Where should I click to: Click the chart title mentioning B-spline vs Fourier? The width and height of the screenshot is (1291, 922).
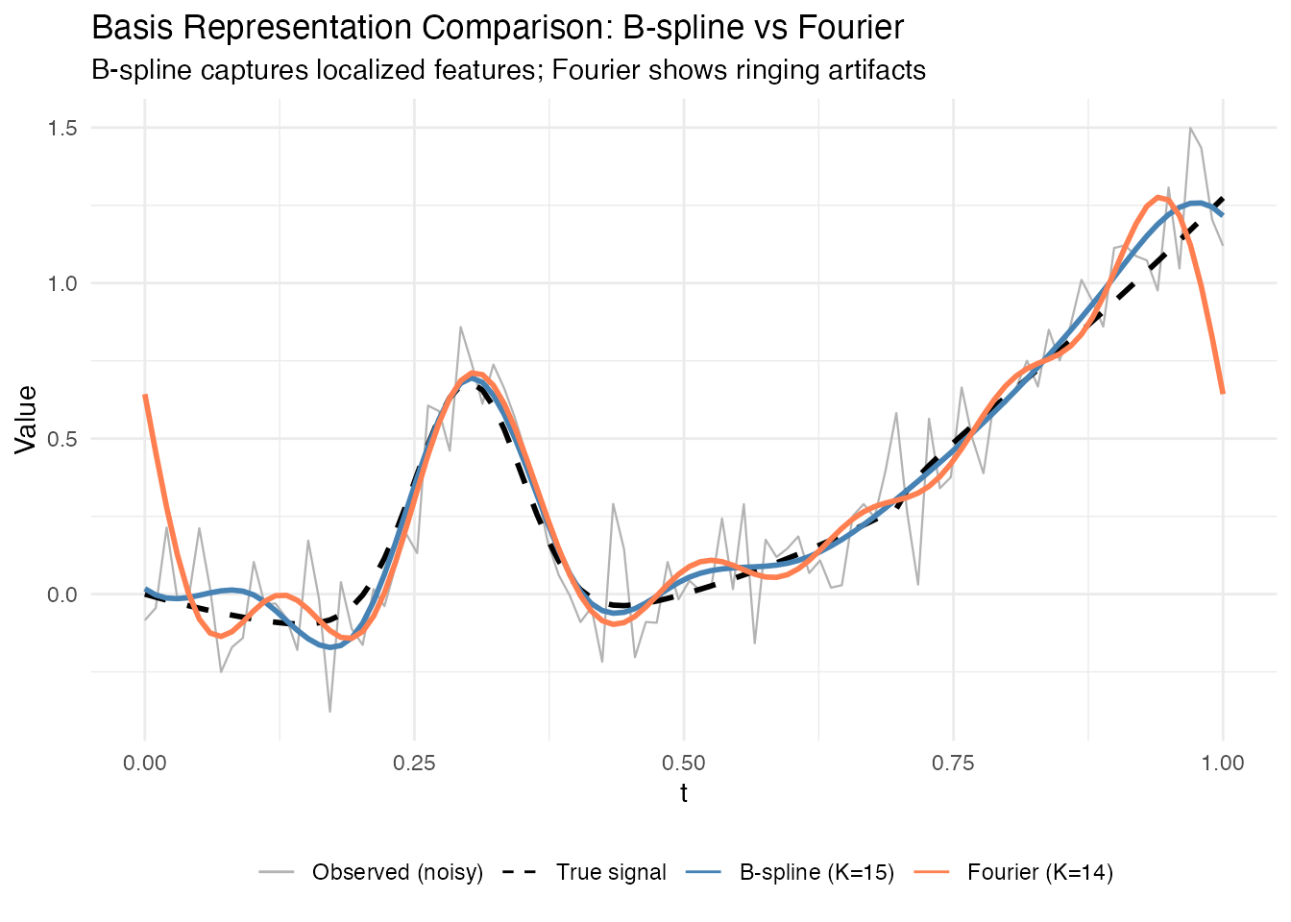(x=498, y=28)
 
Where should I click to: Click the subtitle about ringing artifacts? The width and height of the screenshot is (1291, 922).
(x=508, y=70)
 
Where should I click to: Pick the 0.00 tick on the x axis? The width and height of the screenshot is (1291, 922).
(x=145, y=764)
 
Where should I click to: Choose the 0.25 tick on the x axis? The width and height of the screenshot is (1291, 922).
(x=414, y=764)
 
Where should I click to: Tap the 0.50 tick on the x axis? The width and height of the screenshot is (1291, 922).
(x=684, y=764)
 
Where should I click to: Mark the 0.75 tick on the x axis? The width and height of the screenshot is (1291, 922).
(x=953, y=764)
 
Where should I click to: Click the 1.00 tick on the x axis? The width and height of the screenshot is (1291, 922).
(x=1223, y=764)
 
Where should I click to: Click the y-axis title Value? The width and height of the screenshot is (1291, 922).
(x=26, y=419)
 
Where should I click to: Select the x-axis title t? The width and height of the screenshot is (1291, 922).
(x=684, y=794)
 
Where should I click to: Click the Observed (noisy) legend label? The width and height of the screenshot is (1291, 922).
(x=397, y=872)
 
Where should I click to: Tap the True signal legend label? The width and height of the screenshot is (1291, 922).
(x=611, y=872)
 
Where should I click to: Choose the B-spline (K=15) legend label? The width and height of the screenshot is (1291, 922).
(x=816, y=872)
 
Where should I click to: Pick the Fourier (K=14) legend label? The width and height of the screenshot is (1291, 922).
(x=1040, y=872)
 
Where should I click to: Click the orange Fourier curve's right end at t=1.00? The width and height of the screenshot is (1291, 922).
(x=1223, y=392)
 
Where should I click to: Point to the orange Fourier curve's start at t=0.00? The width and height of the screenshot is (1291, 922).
(x=145, y=396)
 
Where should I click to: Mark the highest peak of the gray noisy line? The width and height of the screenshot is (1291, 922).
(x=1190, y=128)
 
